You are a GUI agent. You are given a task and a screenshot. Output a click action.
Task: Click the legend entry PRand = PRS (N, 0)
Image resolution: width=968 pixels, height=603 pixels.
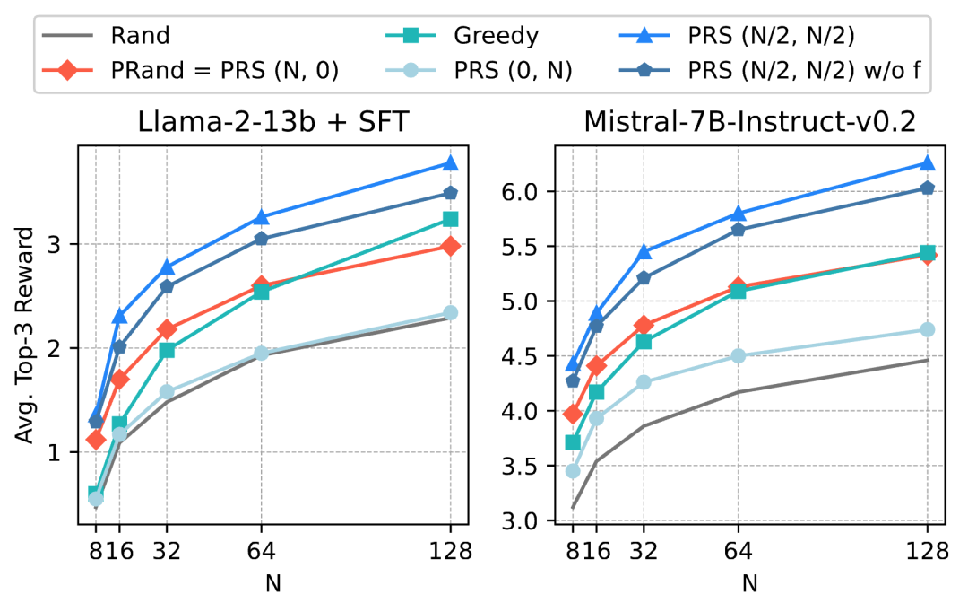pos(223,71)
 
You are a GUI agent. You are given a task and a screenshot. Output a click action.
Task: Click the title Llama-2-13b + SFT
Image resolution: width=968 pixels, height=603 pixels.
pos(266,120)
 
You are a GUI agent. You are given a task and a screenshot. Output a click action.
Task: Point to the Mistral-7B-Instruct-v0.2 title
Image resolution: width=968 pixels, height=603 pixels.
pos(749,120)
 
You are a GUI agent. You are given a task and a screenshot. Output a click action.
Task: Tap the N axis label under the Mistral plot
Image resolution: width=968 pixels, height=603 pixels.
pos(749,583)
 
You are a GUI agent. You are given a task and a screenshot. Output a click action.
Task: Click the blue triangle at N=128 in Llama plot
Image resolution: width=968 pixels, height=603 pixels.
pos(451,163)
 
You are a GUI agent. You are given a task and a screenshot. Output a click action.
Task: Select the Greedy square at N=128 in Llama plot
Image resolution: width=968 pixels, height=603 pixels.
pos(451,219)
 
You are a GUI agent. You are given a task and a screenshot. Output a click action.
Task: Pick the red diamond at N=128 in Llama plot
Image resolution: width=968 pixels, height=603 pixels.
pos(451,246)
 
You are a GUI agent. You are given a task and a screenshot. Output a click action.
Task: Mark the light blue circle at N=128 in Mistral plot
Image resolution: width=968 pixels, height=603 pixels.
pos(928,329)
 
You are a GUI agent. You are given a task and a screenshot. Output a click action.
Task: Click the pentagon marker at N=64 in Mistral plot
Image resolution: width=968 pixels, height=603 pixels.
pos(739,229)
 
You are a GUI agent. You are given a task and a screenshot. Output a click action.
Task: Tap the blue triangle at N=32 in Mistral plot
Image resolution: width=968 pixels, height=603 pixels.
pos(644,252)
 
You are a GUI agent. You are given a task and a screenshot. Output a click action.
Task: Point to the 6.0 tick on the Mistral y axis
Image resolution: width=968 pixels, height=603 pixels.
pos(533,192)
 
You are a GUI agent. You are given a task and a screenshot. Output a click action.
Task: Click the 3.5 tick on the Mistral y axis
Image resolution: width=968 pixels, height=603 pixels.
pos(533,467)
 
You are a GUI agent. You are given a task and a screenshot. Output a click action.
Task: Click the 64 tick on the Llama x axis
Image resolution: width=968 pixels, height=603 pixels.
pos(261,551)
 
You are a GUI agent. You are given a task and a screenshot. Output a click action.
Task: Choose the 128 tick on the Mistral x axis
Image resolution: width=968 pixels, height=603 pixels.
pos(928,551)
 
